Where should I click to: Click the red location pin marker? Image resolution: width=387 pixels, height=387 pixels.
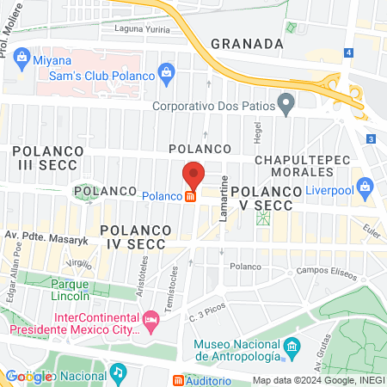(x=193, y=175)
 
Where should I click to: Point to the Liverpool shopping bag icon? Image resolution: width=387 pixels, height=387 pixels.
(x=365, y=186)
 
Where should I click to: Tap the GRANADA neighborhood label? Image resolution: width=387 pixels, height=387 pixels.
(x=247, y=43)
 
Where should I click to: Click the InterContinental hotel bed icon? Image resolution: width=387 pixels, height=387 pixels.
(x=151, y=322)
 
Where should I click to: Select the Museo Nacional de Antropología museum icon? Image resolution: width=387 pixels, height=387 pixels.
(x=292, y=348)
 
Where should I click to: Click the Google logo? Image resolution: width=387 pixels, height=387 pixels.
(x=28, y=376)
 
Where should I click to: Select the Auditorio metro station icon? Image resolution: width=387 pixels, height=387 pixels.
(x=178, y=380)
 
